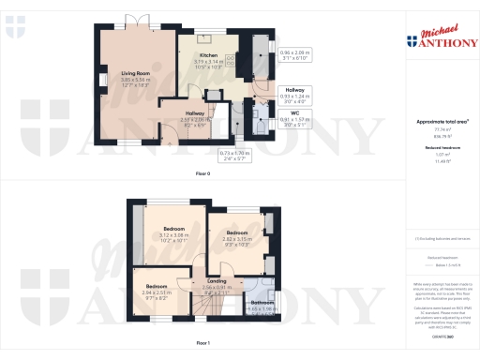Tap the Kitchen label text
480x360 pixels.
coord(208,56)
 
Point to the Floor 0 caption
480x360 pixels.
coord(202,173)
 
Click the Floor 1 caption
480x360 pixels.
coord(202,344)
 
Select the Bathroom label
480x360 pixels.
coord(262,303)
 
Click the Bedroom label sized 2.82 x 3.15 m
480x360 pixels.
coord(236,232)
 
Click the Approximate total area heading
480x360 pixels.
coord(435,123)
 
